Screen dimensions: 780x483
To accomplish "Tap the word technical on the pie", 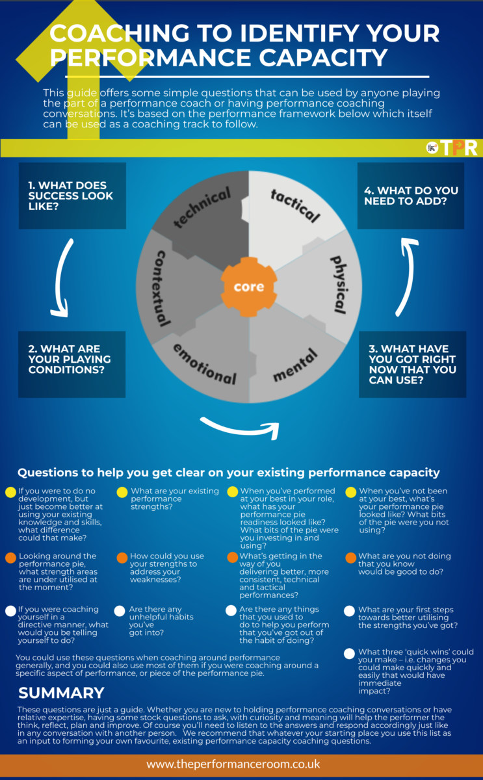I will [202, 208].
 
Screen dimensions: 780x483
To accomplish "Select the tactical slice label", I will [295, 205].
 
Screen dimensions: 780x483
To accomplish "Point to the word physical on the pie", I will [337, 283].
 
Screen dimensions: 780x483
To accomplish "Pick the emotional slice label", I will [204, 363].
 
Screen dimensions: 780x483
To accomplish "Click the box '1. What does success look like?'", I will [72, 196].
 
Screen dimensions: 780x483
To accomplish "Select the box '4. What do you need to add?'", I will [411, 196].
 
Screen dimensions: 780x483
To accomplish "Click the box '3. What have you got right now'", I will [412, 364].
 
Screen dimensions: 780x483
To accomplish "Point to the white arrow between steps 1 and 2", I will [59, 279].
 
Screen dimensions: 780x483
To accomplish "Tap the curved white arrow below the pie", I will [241, 426].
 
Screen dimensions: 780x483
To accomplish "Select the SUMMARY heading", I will [61, 693].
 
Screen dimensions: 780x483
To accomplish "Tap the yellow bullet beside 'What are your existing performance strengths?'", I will [122, 492].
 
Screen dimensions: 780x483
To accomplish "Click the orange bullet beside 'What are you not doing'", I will [350, 558].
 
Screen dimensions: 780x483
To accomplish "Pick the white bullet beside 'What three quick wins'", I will [350, 653].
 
